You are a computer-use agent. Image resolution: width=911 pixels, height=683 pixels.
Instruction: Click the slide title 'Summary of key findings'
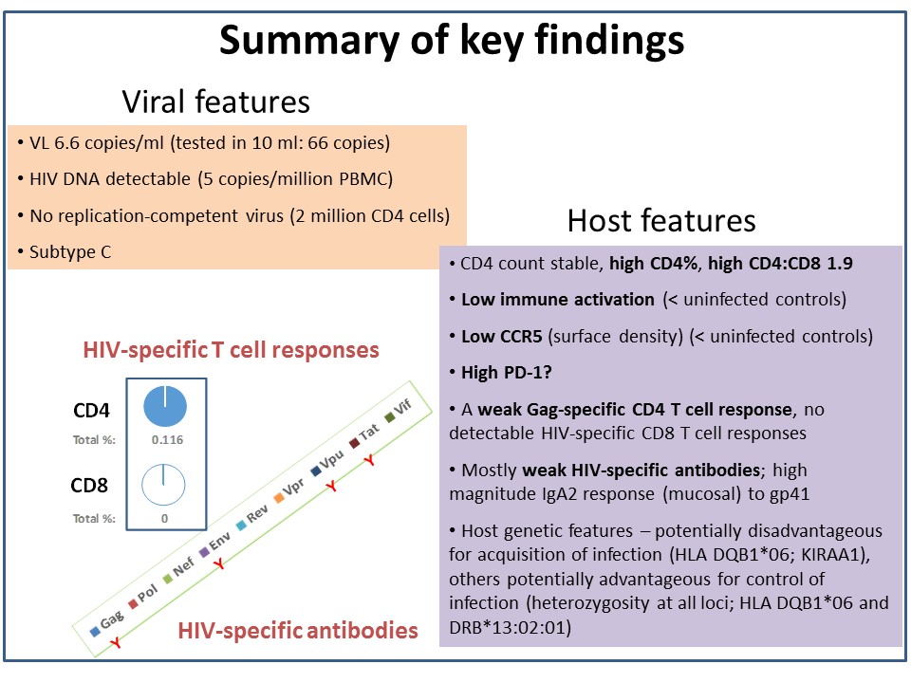pos(452,41)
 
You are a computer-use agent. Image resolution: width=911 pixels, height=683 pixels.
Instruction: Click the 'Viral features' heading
pos(215,102)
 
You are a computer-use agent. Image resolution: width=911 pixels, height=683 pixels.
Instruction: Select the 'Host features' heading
pos(661,221)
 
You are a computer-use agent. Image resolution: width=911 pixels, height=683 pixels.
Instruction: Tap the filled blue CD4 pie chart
pos(165,406)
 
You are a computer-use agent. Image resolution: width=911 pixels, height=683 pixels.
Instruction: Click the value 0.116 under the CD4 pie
pos(167,439)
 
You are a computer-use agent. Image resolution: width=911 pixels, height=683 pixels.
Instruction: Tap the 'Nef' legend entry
pos(178,569)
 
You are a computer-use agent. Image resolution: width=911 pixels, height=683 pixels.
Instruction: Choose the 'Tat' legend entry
pos(364,435)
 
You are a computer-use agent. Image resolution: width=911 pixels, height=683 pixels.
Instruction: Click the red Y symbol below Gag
pos(116,642)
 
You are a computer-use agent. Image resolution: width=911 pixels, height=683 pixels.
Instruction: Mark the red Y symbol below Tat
pos(369,461)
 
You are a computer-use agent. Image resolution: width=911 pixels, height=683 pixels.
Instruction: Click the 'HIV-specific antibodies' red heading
pos(297,631)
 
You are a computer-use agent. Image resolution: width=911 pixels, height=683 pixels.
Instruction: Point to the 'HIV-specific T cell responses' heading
pos(231,350)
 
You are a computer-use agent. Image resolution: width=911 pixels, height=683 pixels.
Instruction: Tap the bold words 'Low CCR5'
pos(501,336)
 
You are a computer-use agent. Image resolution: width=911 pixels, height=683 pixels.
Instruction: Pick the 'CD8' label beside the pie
pos(89,485)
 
